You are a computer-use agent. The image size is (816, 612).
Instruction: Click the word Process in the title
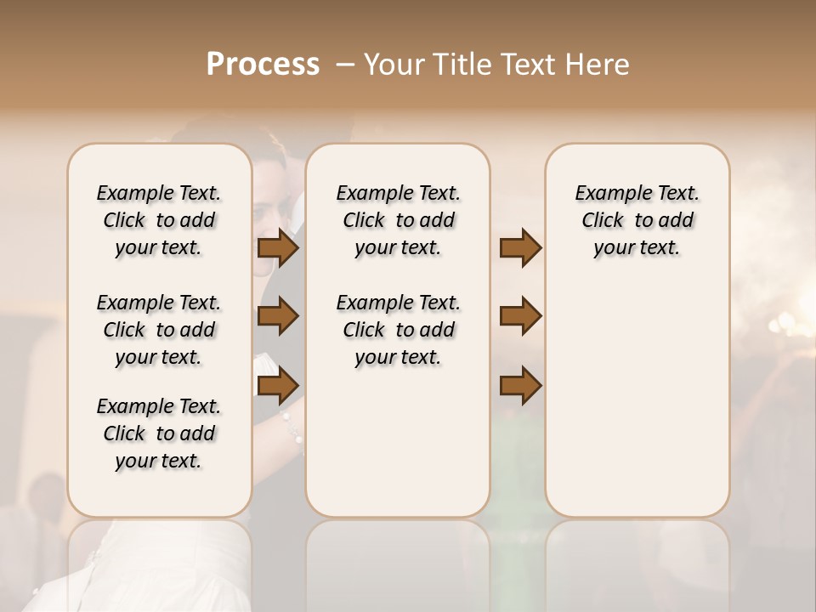[263, 65]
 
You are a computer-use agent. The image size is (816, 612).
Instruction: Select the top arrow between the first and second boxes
[278, 248]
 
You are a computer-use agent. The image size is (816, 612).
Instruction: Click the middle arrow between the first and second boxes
[278, 316]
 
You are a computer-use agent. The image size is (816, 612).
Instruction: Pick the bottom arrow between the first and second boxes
[278, 385]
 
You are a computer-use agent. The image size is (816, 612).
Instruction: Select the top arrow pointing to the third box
[520, 248]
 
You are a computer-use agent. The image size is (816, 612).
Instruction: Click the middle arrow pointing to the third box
[520, 316]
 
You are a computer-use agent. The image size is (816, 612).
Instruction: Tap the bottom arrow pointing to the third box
[520, 385]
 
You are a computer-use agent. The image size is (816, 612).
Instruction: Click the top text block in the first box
[159, 220]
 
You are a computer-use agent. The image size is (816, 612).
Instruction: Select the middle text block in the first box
[159, 330]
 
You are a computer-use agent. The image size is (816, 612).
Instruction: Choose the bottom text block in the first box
[159, 433]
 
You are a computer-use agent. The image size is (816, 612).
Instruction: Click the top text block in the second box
[398, 220]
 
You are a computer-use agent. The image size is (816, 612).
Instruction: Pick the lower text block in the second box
[398, 330]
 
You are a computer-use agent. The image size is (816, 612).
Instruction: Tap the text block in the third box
[637, 220]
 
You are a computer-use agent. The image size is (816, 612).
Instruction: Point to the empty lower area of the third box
[637, 399]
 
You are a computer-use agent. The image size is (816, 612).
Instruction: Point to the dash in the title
[345, 65]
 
